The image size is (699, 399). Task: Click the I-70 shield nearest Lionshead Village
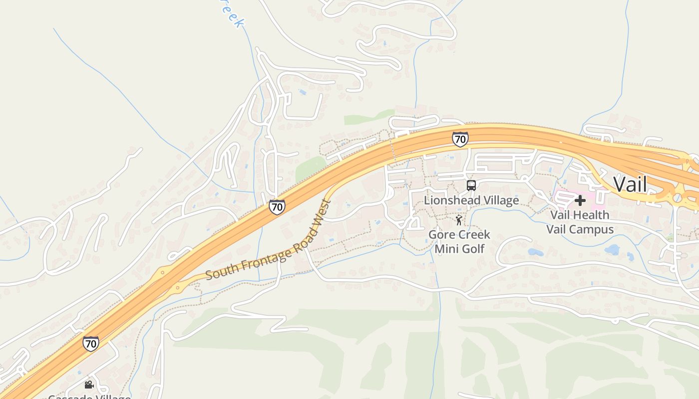460,139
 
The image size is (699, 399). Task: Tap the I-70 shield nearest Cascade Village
90,344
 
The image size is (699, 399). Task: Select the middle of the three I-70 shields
277,207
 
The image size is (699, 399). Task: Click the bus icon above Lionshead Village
471,186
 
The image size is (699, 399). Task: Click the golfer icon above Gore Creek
459,219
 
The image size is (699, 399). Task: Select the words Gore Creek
459,234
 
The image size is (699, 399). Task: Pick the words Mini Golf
459,248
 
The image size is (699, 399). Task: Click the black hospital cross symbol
580,200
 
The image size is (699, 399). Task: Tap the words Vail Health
580,215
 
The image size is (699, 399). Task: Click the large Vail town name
630,185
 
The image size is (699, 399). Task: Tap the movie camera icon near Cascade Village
89,385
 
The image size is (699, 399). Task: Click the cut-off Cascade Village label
89,397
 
